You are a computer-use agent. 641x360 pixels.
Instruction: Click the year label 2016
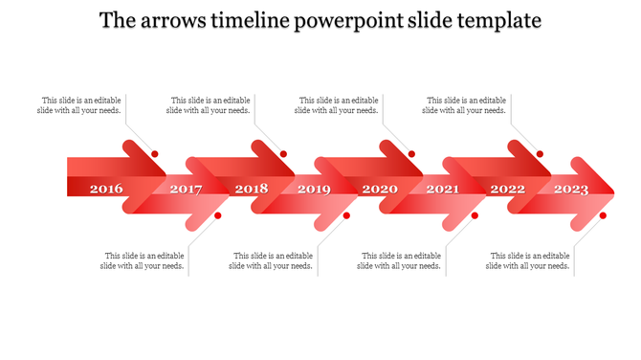(106, 189)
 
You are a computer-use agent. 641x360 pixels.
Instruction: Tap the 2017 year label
(186, 190)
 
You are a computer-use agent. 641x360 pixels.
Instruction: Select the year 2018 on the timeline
(252, 189)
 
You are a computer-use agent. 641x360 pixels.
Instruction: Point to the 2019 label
(314, 190)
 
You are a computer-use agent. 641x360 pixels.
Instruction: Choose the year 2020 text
(380, 189)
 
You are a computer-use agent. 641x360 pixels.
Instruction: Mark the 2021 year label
(442, 190)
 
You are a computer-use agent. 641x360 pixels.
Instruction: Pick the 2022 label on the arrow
(507, 189)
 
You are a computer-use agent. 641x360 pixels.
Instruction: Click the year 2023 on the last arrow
(571, 190)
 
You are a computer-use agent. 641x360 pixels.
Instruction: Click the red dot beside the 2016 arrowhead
(155, 153)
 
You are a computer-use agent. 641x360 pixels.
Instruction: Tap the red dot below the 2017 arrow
(218, 215)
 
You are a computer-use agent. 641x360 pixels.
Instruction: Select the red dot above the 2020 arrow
(411, 153)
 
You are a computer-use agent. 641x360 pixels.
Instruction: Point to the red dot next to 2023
(603, 215)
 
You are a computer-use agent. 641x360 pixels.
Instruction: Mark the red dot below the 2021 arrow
(475, 215)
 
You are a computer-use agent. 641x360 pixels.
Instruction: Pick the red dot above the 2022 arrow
(540, 153)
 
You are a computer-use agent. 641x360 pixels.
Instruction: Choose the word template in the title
(500, 20)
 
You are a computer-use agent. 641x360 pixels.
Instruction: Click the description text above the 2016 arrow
(80, 105)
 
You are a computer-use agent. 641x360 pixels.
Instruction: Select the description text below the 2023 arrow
(529, 260)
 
